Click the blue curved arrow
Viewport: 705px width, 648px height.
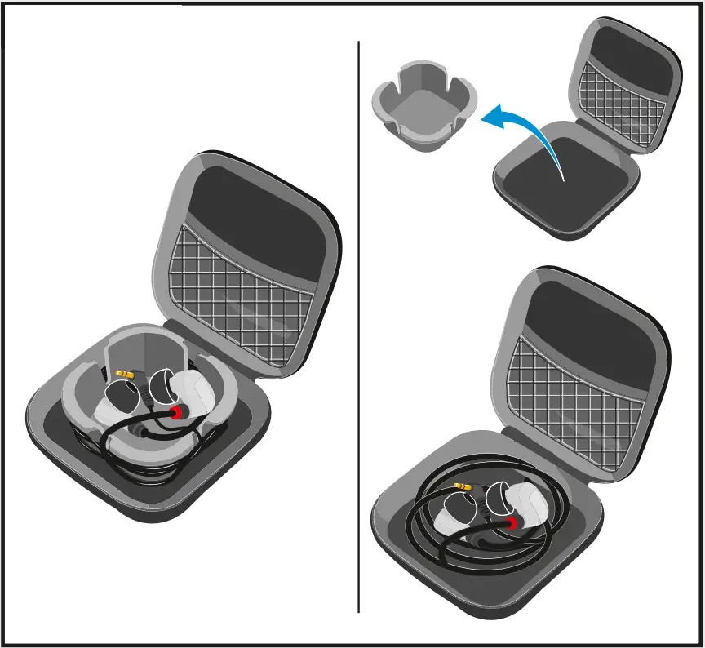(530, 131)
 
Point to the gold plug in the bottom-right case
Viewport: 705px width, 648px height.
(462, 487)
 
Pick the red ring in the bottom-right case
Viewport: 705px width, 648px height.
(512, 523)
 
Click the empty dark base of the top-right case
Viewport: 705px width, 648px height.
(563, 188)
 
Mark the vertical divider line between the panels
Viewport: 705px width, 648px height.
(358, 326)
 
